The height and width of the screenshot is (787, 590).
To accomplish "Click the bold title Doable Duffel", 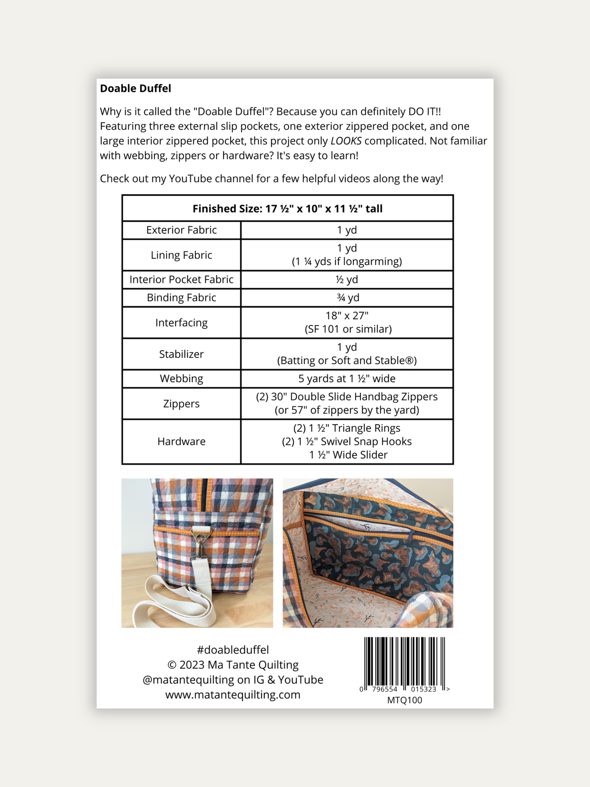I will tap(135, 88).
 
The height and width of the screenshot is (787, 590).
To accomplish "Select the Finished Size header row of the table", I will tap(287, 209).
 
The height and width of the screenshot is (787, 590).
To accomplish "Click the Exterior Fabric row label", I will tap(181, 230).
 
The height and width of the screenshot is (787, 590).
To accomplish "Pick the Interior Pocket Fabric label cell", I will tap(181, 279).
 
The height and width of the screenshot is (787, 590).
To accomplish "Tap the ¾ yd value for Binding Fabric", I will tap(346, 297).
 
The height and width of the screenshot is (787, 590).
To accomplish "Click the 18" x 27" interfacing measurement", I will tap(346, 316).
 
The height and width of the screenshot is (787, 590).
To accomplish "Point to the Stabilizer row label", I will tap(181, 354).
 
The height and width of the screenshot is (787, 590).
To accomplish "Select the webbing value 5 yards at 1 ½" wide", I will tap(346, 379).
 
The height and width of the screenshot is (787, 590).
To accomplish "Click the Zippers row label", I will tap(181, 403).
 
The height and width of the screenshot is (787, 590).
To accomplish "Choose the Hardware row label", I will tap(181, 441).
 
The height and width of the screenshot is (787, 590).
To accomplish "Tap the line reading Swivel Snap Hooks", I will tap(346, 442).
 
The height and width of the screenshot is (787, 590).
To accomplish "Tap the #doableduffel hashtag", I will tap(233, 650).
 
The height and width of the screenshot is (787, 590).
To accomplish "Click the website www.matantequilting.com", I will tap(233, 695).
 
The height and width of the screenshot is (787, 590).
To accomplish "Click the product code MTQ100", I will tap(404, 700).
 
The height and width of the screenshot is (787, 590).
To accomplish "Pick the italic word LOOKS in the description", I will tap(346, 141).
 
